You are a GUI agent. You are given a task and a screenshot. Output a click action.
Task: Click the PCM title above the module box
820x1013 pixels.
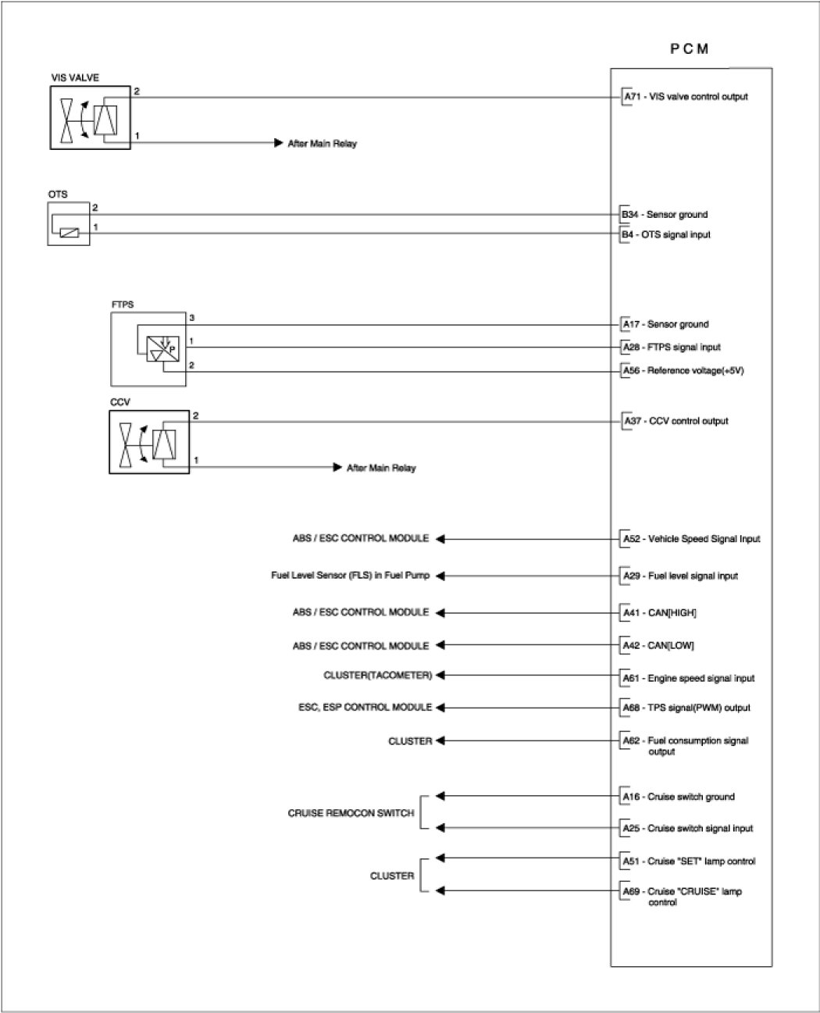click(690, 48)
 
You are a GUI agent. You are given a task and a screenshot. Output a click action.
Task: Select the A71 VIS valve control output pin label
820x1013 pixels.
click(685, 97)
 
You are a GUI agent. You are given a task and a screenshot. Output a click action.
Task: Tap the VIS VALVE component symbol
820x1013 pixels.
click(91, 117)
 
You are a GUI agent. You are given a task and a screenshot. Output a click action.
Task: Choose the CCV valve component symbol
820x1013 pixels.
click(149, 442)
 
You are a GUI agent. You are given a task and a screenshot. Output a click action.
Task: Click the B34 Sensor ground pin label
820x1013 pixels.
click(665, 214)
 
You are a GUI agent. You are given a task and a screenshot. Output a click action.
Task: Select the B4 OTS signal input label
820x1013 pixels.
click(666, 234)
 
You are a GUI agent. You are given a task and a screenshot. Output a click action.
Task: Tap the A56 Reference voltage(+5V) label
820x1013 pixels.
click(683, 370)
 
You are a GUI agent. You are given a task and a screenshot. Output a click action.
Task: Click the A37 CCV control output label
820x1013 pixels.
click(676, 421)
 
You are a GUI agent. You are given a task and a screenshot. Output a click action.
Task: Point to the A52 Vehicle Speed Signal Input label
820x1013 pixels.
click(691, 539)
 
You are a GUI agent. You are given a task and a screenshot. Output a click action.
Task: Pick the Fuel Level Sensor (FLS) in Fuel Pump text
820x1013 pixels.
click(350, 576)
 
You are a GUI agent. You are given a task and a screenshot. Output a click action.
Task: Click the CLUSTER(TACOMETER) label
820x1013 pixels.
click(377, 675)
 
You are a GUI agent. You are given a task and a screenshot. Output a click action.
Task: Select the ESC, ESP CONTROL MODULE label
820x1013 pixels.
click(365, 707)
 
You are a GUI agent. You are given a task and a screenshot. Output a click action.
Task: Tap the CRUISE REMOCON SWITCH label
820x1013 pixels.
click(351, 813)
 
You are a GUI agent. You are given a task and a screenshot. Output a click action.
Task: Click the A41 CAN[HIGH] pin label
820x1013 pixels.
click(659, 613)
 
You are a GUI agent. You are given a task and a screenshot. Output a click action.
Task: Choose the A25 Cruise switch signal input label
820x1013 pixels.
click(687, 828)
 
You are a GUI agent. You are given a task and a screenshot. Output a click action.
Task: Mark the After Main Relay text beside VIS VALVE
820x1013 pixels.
click(322, 144)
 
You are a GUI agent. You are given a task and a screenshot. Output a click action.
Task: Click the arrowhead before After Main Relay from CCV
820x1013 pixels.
click(338, 467)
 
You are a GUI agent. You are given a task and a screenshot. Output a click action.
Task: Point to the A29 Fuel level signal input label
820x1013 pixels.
click(680, 576)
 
